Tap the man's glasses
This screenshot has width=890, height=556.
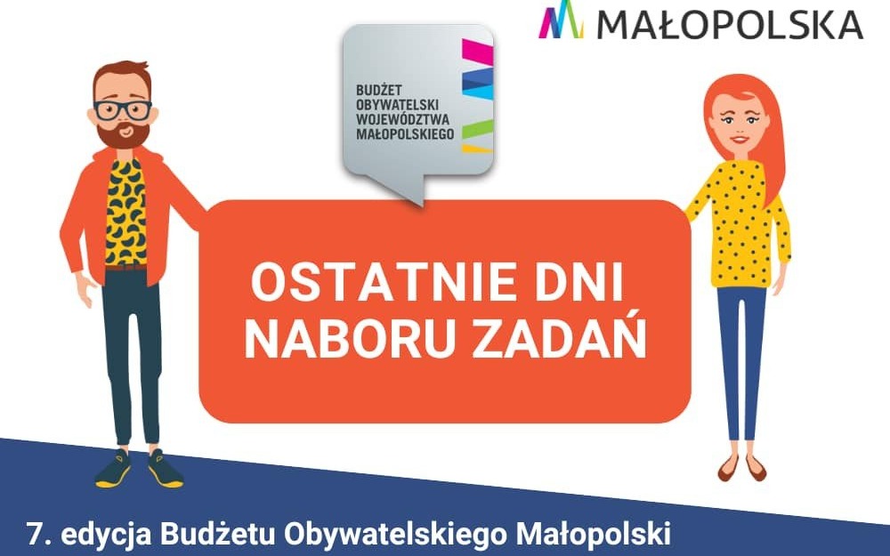pos(123,109)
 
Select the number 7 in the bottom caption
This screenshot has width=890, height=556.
pos(35,536)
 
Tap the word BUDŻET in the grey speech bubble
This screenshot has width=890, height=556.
pos(378,91)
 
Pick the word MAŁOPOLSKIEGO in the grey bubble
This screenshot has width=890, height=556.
pos(405,133)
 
